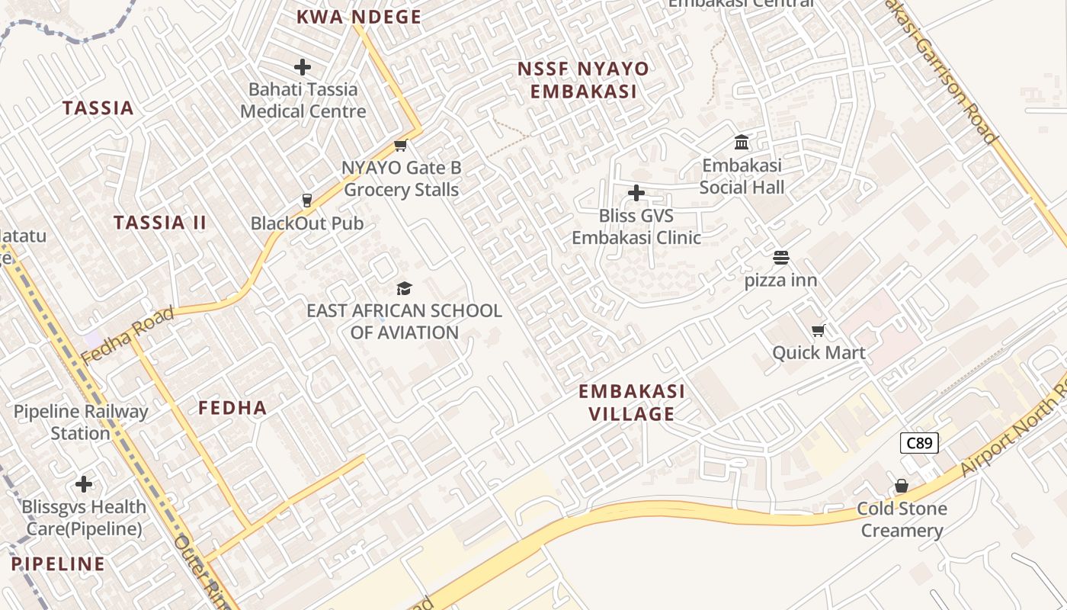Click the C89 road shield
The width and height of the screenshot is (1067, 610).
point(918,443)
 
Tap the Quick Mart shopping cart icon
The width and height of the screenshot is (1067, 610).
point(819,330)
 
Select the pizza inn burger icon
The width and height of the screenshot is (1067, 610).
point(781,258)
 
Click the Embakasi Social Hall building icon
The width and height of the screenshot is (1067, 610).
point(742,142)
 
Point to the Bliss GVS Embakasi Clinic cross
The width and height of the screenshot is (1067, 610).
point(636,193)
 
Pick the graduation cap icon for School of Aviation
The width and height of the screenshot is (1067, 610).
point(404,288)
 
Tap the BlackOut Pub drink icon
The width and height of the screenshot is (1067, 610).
point(307,201)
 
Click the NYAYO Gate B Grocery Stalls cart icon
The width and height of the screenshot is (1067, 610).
point(400,145)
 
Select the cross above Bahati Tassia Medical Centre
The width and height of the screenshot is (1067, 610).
point(303,66)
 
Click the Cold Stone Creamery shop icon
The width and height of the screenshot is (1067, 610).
point(902,486)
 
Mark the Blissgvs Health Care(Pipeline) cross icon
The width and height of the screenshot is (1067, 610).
point(84,484)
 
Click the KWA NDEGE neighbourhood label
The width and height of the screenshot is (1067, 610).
point(358,17)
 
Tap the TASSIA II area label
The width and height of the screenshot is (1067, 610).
point(160,223)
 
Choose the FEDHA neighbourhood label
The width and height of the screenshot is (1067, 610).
point(232,408)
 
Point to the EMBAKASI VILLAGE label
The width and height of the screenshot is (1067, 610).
point(632,403)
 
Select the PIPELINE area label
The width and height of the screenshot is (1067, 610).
point(58,564)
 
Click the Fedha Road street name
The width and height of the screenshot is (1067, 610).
point(127,335)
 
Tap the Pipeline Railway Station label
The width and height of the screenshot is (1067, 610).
point(81,422)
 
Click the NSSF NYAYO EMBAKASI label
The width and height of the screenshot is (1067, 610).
point(583,80)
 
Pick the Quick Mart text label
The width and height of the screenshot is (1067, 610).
point(819,352)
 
